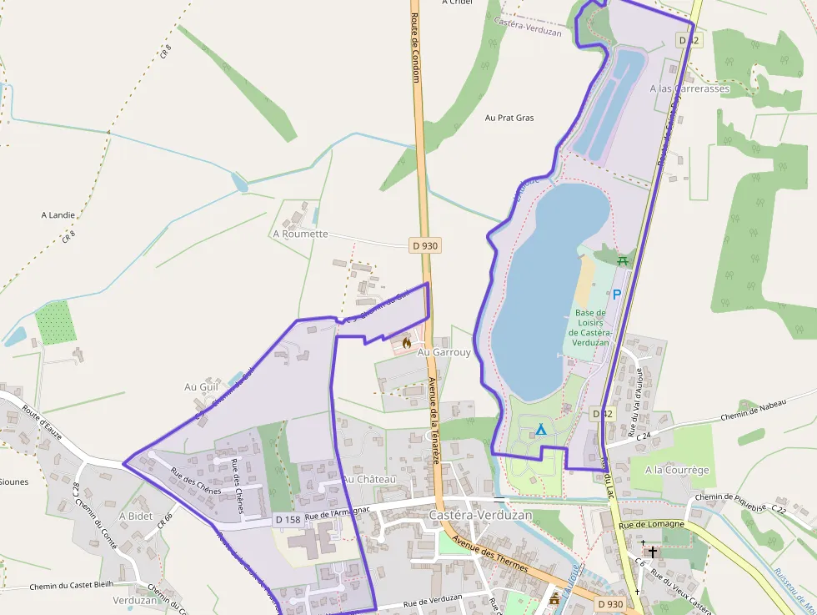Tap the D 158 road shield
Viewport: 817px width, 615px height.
288,520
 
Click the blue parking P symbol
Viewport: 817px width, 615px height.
617,294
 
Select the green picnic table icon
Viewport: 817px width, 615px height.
622,260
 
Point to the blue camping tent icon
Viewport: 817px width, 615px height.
541,430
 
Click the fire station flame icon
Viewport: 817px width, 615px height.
407,342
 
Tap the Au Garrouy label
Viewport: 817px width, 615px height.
444,352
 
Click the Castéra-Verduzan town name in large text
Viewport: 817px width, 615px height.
480,516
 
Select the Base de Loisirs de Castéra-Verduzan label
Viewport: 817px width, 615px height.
591,328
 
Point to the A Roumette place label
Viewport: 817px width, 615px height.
300,234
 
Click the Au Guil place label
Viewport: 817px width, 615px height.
201,387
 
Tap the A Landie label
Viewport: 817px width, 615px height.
58,214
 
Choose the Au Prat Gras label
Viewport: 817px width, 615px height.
509,118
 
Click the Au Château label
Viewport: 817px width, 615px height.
368,480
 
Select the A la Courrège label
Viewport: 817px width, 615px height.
677,470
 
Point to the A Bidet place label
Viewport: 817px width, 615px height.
135,517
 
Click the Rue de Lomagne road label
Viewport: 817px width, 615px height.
651,524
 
